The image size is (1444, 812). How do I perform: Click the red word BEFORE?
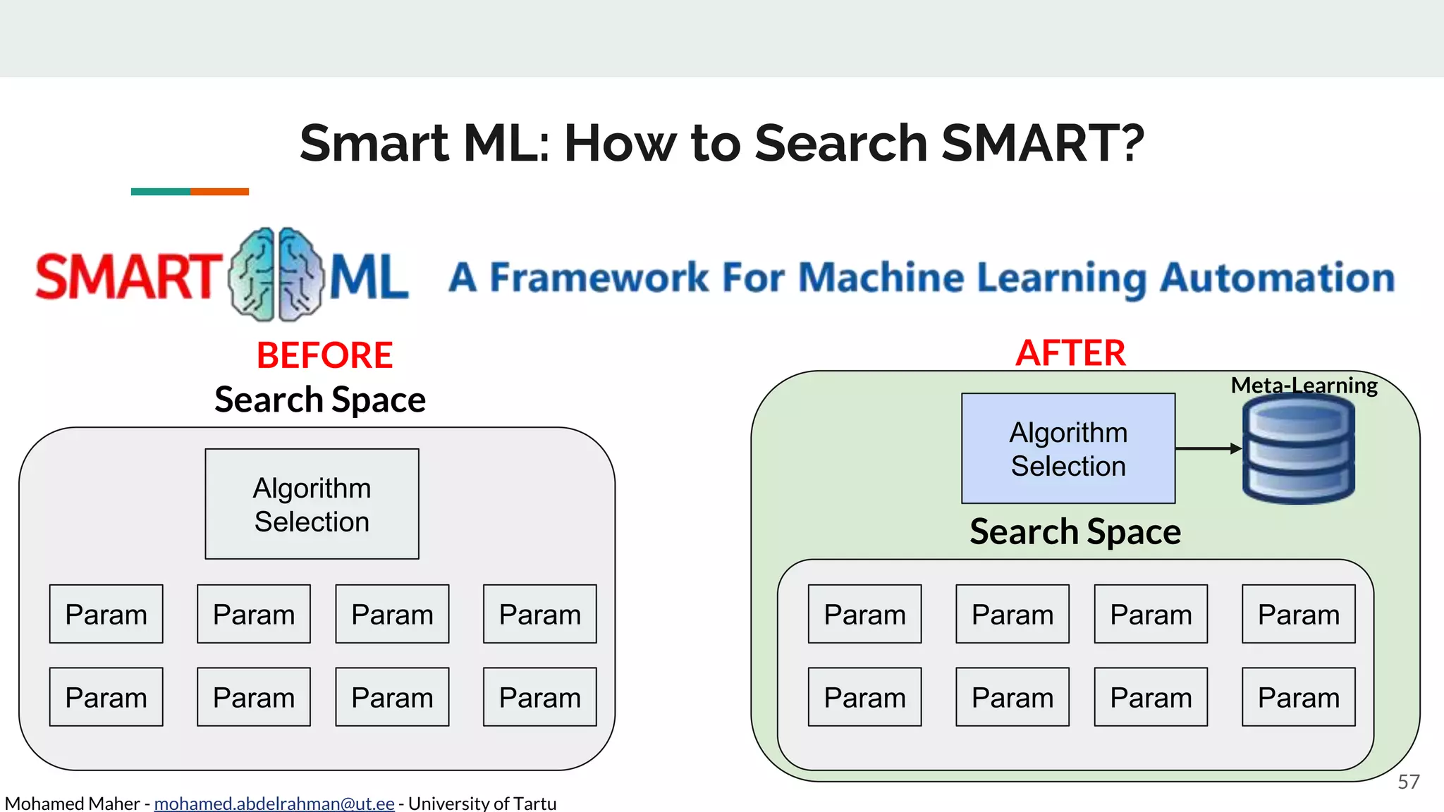[x=324, y=355]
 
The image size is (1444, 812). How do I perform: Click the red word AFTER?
[x=1070, y=353]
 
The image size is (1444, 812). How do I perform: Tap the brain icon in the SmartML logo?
[x=276, y=275]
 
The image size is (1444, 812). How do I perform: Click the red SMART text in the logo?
[x=128, y=276]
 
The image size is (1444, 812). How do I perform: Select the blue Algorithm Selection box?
[x=1067, y=448]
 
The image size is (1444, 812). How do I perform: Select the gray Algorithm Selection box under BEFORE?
[x=312, y=504]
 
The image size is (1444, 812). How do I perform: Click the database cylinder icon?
[x=1298, y=450]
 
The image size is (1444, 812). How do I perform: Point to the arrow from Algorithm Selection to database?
[x=1207, y=448]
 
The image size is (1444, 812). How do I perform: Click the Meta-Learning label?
[x=1304, y=385]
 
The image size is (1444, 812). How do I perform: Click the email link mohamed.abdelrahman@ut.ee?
[x=274, y=803]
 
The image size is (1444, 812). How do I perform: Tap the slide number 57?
[x=1408, y=782]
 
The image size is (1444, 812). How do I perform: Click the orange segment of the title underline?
[x=219, y=192]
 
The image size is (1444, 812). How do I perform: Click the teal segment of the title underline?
[x=160, y=192]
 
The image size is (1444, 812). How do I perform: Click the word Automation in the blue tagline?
[x=1277, y=278]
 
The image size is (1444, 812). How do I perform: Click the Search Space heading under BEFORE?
[x=320, y=400]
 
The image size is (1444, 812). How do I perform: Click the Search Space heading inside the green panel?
[x=1075, y=531]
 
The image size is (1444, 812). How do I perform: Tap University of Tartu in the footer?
[x=482, y=803]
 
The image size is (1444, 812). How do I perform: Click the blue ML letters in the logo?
[x=369, y=278]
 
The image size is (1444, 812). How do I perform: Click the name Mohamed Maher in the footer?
[x=72, y=803]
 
